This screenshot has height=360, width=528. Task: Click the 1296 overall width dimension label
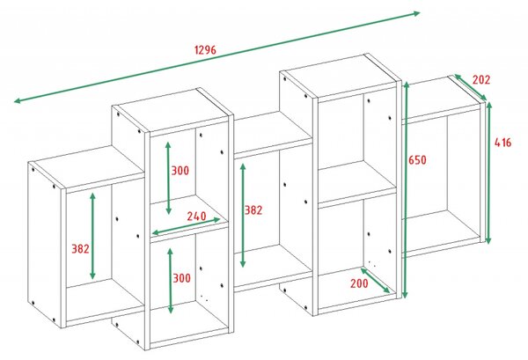(205, 50)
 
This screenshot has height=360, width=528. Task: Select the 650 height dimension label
(417, 159)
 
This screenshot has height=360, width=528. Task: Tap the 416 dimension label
(502, 143)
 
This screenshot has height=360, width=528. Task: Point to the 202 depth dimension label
(481, 80)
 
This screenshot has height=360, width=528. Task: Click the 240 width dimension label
(196, 216)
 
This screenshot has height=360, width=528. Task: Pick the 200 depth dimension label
(359, 283)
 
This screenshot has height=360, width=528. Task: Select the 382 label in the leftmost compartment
(80, 249)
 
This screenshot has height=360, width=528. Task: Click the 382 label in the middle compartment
(253, 210)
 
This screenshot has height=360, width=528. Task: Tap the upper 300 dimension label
(180, 171)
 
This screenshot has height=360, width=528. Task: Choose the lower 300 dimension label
(181, 278)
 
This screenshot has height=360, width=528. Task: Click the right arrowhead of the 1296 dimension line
(417, 13)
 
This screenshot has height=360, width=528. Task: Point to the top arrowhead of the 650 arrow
(406, 84)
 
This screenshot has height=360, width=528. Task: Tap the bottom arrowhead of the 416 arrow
(488, 240)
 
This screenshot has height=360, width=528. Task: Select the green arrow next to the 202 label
(471, 87)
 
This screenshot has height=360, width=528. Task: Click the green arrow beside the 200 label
(376, 281)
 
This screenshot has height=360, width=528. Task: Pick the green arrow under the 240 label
(187, 225)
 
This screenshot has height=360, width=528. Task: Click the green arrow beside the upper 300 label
(168, 178)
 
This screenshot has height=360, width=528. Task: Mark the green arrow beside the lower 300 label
(171, 281)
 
